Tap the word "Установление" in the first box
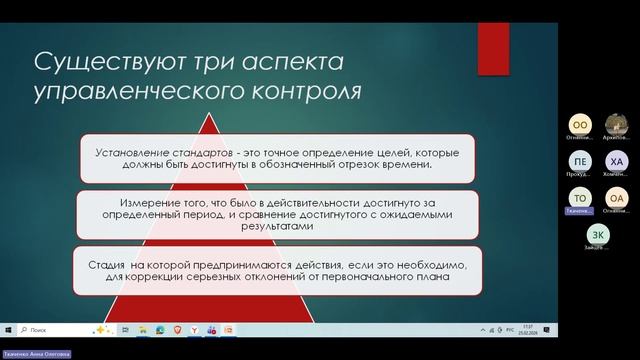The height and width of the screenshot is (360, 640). coord(126,153)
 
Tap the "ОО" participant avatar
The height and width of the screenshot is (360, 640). coord(580,122)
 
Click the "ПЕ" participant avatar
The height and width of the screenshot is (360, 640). coord(580,160)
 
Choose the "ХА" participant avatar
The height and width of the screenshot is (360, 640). coord(617,160)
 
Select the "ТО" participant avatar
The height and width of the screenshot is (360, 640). coord(580,198)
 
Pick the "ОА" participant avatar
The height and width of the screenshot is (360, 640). coord(617,198)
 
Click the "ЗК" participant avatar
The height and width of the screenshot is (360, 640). coord(598,234)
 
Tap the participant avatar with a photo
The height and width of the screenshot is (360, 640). coord(617,122)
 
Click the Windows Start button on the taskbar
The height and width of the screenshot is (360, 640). coord(8,329)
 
